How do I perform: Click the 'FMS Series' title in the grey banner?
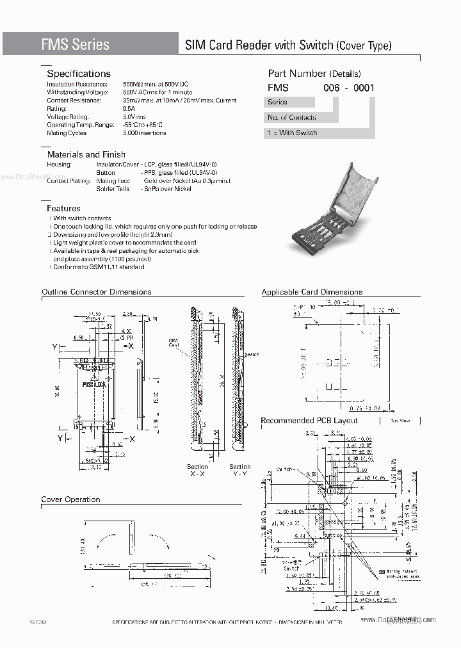[76, 44]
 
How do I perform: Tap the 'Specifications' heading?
[79, 74]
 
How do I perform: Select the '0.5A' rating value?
[129, 109]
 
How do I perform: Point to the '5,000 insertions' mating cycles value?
[144, 133]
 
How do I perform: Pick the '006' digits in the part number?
[331, 88]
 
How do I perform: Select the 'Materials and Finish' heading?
[86, 154]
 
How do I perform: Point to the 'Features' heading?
[64, 208]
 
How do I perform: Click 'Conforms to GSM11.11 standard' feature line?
[99, 267]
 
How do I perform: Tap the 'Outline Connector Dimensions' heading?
[97, 292]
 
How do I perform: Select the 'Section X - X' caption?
[198, 470]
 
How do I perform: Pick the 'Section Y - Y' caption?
[240, 470]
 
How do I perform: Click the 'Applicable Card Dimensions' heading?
[312, 292]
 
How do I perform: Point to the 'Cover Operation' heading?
[71, 499]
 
